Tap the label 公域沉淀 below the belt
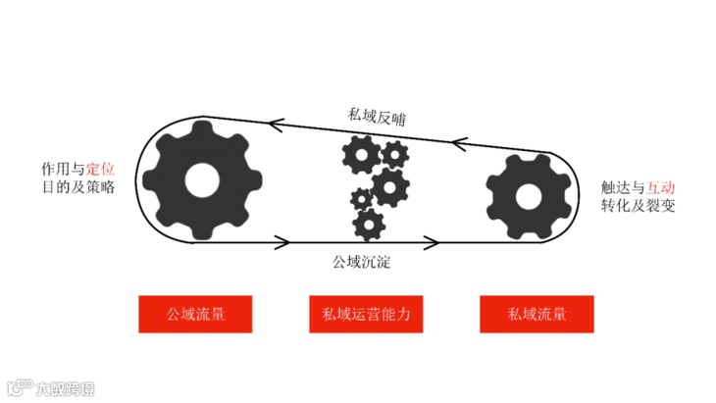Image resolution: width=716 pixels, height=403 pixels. pos(364,263)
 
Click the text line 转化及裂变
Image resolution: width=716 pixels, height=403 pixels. pos(638,207)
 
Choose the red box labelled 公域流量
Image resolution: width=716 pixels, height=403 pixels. pos(196,314)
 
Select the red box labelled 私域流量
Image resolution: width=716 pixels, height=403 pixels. pos(537,314)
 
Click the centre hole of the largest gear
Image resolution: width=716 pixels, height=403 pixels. pos(202,180)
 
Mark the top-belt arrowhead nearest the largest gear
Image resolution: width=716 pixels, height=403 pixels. pos(277,125)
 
